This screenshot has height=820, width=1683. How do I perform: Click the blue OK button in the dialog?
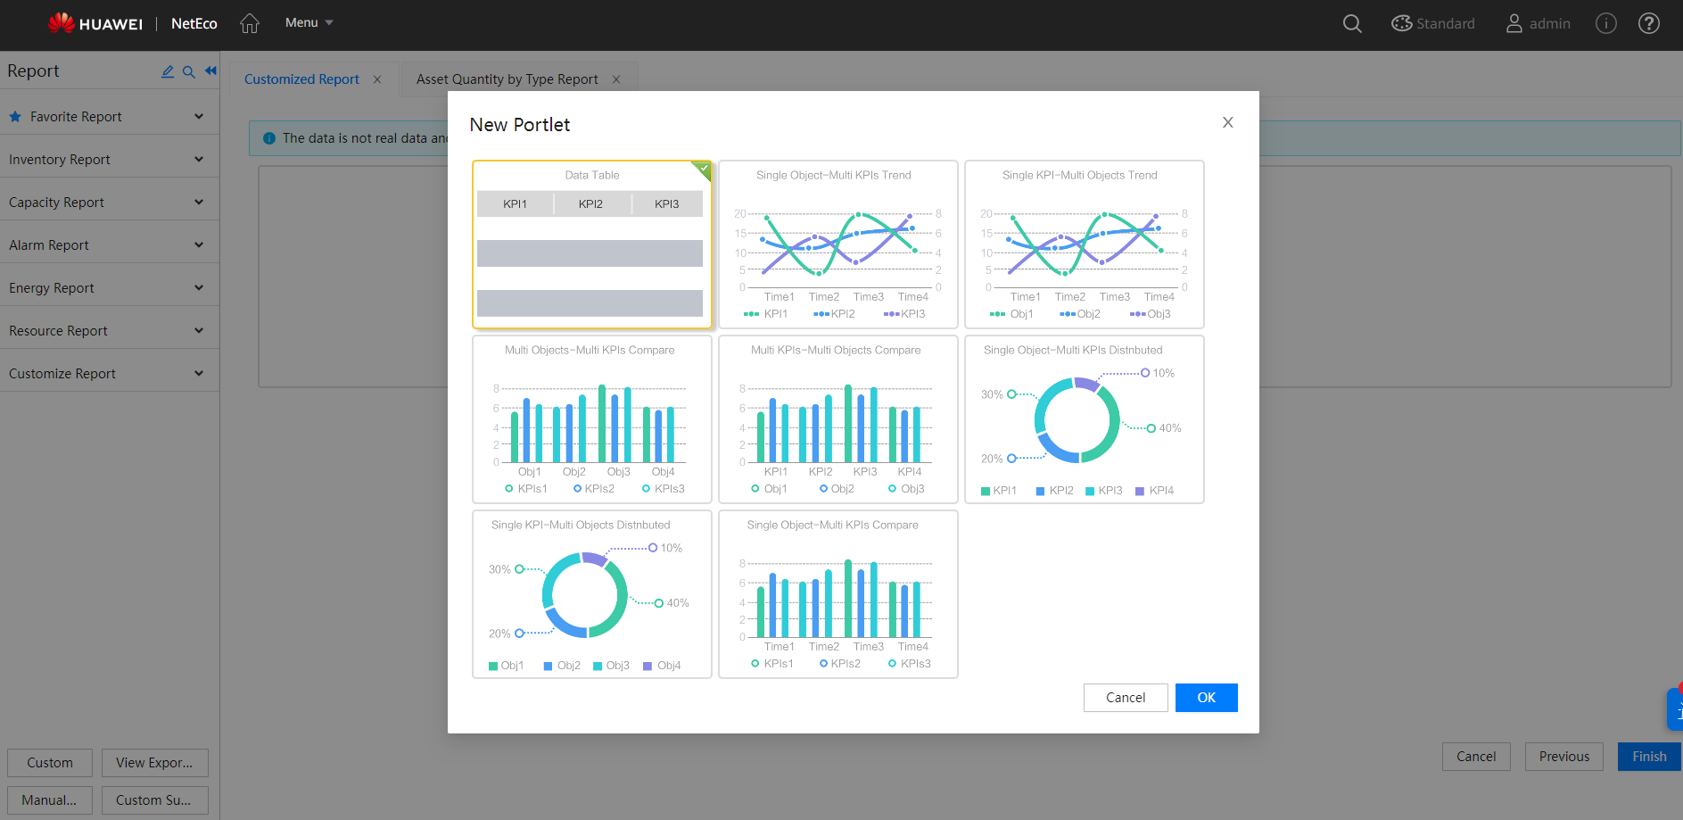[x=1206, y=698]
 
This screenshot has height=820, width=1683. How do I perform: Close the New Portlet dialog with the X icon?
[x=1228, y=122]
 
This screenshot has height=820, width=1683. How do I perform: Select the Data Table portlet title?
[x=591, y=175]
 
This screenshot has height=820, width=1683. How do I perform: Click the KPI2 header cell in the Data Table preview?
[x=590, y=204]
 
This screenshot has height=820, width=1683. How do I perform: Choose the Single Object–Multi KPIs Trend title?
[x=833, y=175]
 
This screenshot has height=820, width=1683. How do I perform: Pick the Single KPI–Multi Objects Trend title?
[x=1079, y=175]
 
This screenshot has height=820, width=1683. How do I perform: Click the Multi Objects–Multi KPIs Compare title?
[x=590, y=350]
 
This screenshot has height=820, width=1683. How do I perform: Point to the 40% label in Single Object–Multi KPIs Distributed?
[x=1169, y=428]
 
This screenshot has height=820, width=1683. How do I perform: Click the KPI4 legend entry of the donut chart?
[x=1160, y=491]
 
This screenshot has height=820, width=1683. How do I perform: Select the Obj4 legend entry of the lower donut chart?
[x=668, y=666]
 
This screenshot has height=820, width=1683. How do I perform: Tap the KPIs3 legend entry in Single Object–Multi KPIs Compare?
[x=915, y=664]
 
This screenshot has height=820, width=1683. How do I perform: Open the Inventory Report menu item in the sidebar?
[x=60, y=160]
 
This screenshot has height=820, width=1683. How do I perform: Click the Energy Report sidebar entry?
[x=52, y=288]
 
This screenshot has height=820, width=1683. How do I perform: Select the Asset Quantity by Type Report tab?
[x=507, y=79]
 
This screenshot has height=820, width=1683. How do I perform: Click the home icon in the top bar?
[x=250, y=23]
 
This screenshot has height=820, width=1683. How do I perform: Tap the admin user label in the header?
[x=1549, y=23]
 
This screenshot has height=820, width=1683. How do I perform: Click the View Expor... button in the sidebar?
[x=154, y=763]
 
